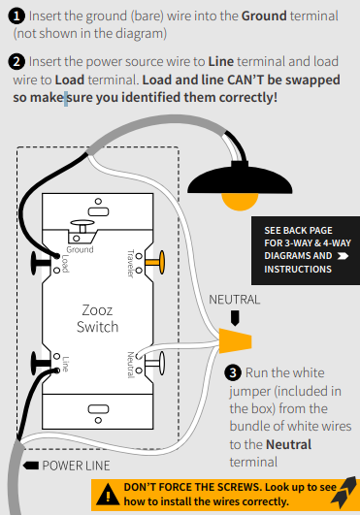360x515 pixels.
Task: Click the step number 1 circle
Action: click(x=16, y=16)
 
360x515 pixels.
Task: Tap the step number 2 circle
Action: click(x=16, y=61)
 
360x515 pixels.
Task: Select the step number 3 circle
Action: click(x=233, y=372)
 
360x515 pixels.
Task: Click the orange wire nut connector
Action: click(x=235, y=340)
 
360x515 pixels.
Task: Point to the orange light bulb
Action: click(x=240, y=201)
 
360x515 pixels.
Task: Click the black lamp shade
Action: click(x=240, y=180)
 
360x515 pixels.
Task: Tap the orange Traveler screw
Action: click(x=155, y=262)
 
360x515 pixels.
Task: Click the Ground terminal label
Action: click(x=80, y=249)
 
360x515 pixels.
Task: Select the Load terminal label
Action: click(x=65, y=264)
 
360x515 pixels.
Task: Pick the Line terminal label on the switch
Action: click(x=65, y=364)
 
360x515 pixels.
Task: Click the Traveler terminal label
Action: click(x=131, y=264)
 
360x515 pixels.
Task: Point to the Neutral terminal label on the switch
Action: click(x=131, y=365)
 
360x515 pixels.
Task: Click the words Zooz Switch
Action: click(x=97, y=318)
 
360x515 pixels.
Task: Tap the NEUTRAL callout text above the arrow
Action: click(x=235, y=300)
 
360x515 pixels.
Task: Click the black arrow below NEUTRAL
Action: click(x=235, y=318)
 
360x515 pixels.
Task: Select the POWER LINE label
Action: click(x=76, y=466)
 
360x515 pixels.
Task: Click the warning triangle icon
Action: click(x=108, y=496)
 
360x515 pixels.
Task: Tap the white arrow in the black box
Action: click(x=343, y=256)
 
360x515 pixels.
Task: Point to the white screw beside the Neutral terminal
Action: click(x=155, y=363)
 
